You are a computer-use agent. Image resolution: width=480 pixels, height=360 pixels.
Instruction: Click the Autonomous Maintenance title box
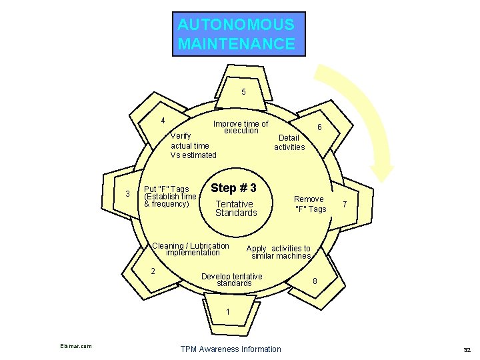click(238, 34)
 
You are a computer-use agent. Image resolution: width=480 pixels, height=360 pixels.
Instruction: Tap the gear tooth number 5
click(243, 92)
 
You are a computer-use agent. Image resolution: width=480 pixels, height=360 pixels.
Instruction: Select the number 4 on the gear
click(163, 121)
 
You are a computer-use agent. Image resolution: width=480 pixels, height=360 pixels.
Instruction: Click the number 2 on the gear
click(153, 271)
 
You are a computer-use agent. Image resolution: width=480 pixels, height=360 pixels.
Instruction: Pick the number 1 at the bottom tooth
click(227, 311)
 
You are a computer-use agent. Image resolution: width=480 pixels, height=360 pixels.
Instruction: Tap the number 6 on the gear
click(320, 127)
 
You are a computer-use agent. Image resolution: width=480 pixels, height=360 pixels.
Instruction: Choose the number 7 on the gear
click(345, 203)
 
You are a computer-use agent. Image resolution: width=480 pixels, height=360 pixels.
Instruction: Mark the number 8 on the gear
click(315, 281)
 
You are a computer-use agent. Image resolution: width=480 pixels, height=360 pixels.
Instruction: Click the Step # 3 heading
click(233, 187)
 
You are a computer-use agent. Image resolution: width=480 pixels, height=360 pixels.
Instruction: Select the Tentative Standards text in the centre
click(235, 209)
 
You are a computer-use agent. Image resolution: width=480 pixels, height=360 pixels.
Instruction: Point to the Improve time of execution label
click(241, 127)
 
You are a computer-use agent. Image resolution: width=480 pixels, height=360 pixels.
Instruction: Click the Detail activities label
click(289, 143)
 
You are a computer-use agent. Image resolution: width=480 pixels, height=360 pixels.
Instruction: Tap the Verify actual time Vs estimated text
click(193, 145)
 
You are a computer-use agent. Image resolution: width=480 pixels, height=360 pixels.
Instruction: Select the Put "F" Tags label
click(170, 196)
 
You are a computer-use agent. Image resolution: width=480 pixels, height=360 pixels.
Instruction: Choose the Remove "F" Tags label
click(310, 204)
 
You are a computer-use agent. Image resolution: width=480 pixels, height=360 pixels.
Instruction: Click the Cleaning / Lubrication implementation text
click(191, 249)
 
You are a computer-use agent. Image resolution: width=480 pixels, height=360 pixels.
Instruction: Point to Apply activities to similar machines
click(280, 252)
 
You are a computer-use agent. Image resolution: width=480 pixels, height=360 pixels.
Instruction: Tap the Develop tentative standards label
click(232, 280)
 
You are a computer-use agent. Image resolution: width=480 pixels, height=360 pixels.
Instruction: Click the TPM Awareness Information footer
click(231, 349)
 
